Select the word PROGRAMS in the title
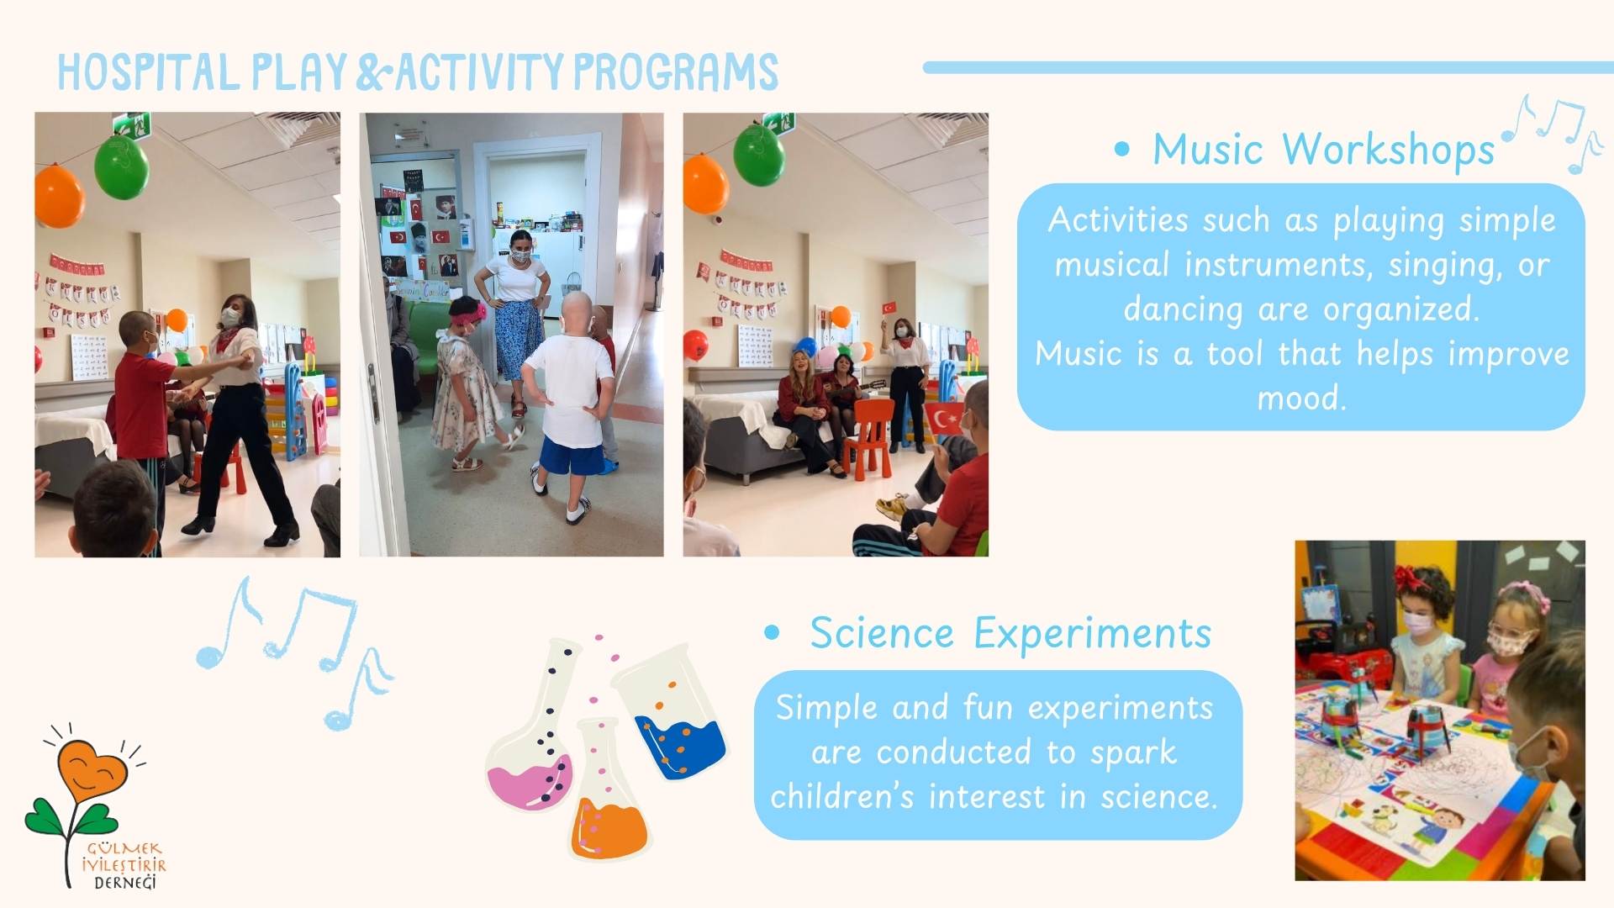point(676,71)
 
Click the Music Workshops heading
point(1323,150)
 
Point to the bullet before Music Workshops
point(1121,150)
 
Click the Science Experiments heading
point(1010,633)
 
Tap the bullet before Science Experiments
point(772,633)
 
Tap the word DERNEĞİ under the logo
point(125,882)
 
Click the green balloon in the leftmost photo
point(122,166)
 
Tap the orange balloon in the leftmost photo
point(60,195)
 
